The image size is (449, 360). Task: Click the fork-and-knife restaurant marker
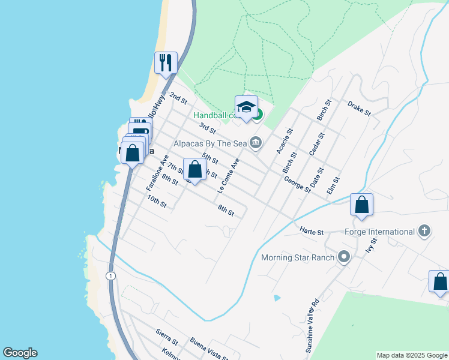[166, 62]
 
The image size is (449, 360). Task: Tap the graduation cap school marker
[246, 107]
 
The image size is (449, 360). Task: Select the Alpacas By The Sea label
[209, 143]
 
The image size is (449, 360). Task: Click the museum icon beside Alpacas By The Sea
[256, 142]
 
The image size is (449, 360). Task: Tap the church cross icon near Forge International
[424, 231]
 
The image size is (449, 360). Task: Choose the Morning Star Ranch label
[297, 257]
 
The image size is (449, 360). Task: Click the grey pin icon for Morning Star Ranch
[344, 257]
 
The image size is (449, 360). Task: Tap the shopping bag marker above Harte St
[362, 205]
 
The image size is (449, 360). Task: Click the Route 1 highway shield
[110, 275]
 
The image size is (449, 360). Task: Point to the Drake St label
[359, 109]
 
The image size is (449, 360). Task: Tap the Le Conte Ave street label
[229, 175]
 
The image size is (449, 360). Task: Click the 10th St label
[157, 201]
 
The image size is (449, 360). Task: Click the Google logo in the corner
[20, 353]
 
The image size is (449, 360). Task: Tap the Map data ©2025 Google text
[411, 355]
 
